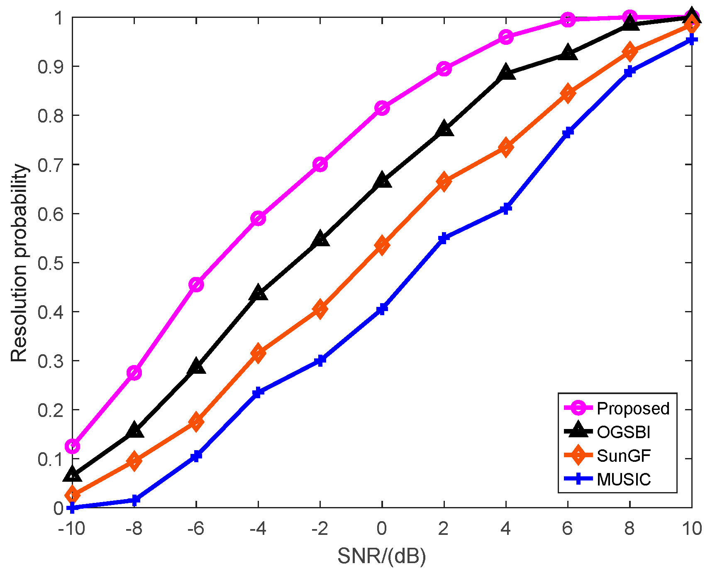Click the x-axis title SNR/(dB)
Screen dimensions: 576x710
tap(382, 556)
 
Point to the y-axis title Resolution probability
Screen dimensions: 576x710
tap(19, 263)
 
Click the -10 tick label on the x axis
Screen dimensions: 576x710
tap(71, 529)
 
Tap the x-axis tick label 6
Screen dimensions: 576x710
tap(568, 529)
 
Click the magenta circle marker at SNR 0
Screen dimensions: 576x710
tap(382, 108)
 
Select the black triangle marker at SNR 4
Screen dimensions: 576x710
tap(506, 73)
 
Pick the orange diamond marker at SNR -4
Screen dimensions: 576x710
tap(258, 353)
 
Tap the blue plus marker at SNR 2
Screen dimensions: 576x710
tap(444, 238)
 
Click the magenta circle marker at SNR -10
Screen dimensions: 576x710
tap(73, 446)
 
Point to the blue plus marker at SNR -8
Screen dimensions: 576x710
tap(134, 500)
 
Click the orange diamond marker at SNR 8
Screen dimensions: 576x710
tap(629, 51)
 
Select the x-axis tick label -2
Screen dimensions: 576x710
tap(320, 529)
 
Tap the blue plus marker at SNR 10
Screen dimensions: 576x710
tap(691, 40)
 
